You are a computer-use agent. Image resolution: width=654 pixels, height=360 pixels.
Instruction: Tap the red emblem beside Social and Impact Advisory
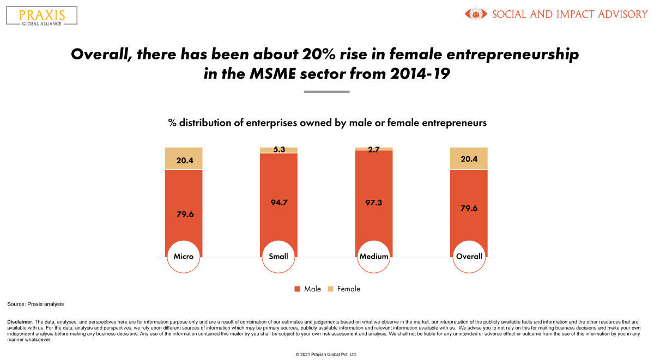coord(476,14)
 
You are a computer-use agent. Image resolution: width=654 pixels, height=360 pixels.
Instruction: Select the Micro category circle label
coord(184,256)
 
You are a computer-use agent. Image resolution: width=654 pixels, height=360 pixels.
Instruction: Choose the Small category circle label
coord(278,256)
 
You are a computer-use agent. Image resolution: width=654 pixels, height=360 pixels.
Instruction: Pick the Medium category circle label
coord(374,256)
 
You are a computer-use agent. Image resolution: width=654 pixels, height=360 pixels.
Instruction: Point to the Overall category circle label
coord(469,256)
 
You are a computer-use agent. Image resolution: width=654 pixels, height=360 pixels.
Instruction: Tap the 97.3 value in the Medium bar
coord(374,202)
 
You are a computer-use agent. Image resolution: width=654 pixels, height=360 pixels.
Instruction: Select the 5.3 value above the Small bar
coord(278,150)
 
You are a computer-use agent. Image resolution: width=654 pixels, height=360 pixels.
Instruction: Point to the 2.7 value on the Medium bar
coord(374,148)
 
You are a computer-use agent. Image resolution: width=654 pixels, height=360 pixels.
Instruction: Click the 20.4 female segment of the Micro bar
coord(184,159)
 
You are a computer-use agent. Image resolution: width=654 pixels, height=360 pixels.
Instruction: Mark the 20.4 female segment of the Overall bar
coord(469,159)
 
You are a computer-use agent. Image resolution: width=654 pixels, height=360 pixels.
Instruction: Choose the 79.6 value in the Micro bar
coord(184,213)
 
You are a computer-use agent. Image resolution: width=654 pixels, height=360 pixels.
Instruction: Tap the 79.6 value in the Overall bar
coord(469,208)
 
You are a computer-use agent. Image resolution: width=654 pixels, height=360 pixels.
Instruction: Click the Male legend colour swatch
coord(297,289)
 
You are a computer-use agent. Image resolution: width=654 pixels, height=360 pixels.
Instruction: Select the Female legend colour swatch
coord(330,289)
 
